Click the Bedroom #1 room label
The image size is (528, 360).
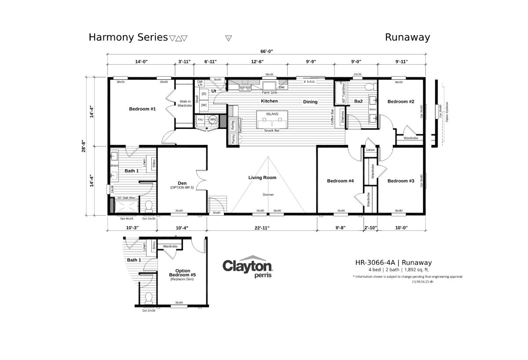(142, 109)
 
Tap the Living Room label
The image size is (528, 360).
(262, 178)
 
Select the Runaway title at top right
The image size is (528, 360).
(407, 37)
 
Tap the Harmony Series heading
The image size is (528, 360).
(128, 37)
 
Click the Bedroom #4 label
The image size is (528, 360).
(340, 181)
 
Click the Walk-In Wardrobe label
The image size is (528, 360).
(185, 103)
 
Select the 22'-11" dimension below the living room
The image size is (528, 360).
(261, 228)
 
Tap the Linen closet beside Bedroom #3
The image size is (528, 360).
(370, 151)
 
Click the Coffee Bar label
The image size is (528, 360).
(333, 118)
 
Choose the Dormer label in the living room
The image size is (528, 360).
(268, 194)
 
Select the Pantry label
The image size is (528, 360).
(233, 138)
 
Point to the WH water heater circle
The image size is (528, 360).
(213, 119)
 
